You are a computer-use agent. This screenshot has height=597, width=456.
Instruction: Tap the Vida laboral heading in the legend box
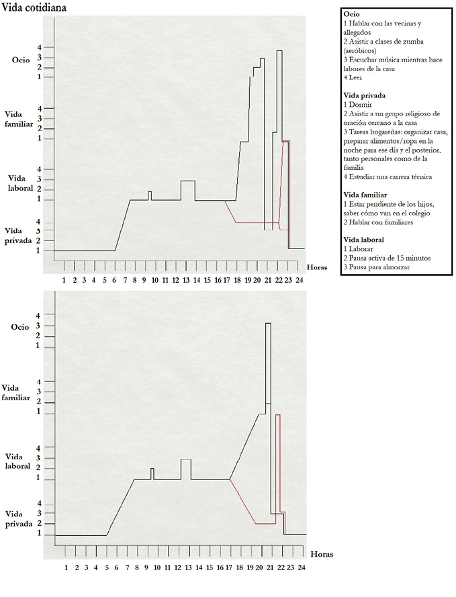(x=365, y=239)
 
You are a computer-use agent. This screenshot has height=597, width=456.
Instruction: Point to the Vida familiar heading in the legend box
(x=366, y=194)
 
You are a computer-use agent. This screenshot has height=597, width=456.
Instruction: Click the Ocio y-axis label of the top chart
(x=21, y=60)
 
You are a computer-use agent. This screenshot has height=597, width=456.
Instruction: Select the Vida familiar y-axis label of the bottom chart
(x=18, y=392)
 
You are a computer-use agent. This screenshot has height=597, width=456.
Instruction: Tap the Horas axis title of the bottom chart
(x=321, y=554)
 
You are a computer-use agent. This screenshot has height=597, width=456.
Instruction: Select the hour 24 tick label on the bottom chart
(x=302, y=567)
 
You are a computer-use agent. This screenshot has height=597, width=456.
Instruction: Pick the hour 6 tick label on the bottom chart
(x=116, y=567)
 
